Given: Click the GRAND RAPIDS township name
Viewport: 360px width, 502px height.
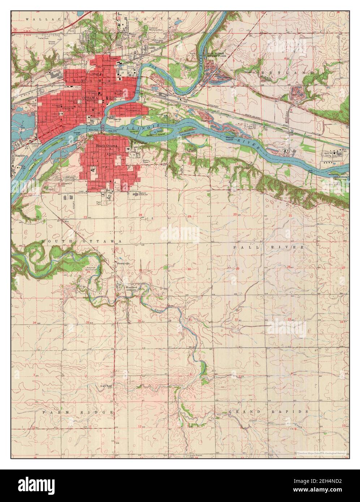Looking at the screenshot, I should point(268,411).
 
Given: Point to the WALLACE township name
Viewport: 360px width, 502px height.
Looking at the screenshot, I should point(42,18).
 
